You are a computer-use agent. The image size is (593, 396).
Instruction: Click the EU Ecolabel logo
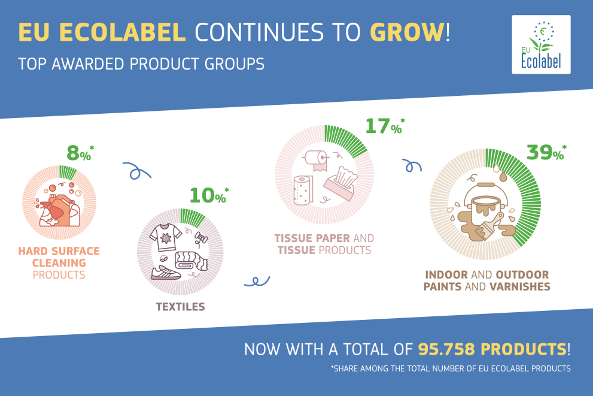(x=541, y=45)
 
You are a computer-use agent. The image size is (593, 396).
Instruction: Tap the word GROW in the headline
(x=407, y=32)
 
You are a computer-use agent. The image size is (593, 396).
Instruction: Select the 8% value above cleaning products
(x=80, y=153)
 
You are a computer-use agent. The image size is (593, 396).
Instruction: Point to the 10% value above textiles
(x=209, y=195)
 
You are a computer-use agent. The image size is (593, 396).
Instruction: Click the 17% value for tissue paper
(x=385, y=126)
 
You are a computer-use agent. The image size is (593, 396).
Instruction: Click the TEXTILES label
(x=180, y=307)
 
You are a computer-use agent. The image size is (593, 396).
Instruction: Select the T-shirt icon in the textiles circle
(x=165, y=237)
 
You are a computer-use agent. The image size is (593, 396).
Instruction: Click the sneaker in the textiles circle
(x=166, y=273)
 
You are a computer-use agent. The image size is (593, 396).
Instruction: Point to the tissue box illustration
(x=340, y=183)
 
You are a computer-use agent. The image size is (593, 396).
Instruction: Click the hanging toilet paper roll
(x=316, y=161)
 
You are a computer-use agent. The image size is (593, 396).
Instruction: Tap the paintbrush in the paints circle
(x=489, y=226)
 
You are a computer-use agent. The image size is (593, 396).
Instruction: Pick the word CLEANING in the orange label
(x=59, y=263)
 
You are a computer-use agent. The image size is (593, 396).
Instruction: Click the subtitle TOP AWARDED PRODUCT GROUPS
(x=141, y=64)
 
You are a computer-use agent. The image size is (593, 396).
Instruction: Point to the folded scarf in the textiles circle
(x=191, y=261)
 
